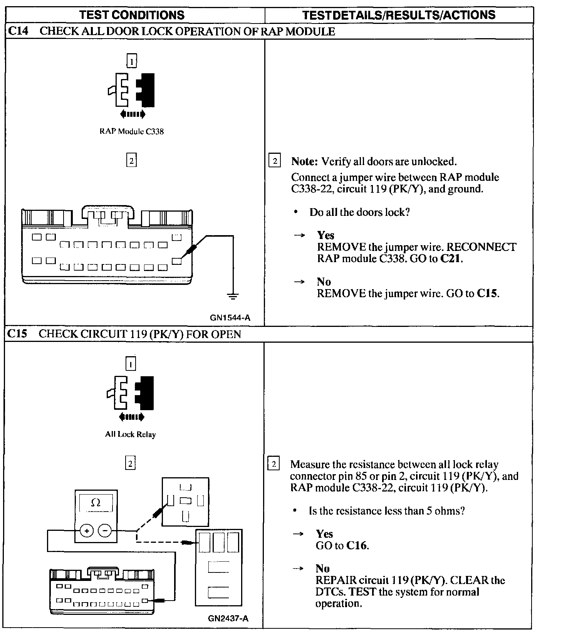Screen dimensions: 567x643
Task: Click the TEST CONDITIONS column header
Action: click(131, 15)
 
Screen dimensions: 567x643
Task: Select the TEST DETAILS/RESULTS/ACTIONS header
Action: click(399, 15)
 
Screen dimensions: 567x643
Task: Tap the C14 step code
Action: click(18, 31)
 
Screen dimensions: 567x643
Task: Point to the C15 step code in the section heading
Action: click(17, 334)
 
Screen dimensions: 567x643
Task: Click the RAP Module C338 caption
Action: click(131, 131)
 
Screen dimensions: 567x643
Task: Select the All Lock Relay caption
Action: click(130, 434)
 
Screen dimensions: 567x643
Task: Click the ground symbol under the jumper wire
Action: click(233, 296)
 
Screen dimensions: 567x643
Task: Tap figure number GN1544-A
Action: click(230, 318)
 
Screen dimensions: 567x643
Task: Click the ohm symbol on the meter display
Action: click(96, 503)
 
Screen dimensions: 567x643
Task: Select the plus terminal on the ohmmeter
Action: click(87, 531)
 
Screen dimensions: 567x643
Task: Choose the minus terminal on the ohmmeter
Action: click(105, 531)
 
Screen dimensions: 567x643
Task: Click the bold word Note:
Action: click(304, 161)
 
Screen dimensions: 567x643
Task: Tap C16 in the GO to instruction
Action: click(357, 545)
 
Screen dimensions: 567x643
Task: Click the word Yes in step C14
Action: click(325, 235)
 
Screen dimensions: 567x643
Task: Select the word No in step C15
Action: click(322, 569)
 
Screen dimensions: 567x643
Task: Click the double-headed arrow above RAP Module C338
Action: click(133, 114)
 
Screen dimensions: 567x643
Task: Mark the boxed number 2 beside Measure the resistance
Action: click(273, 464)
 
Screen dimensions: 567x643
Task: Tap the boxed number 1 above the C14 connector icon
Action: click(132, 61)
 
